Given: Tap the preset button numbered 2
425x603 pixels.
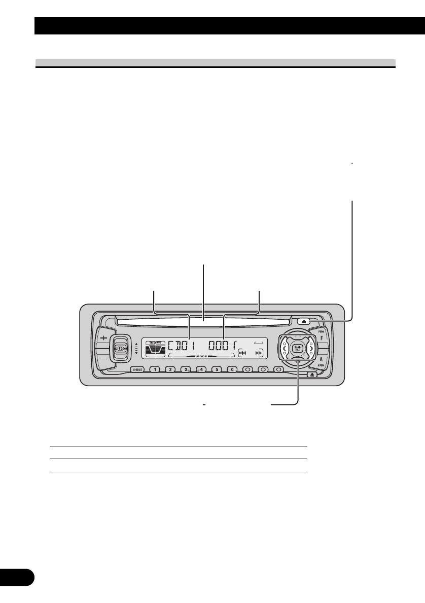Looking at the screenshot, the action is pos(171,370).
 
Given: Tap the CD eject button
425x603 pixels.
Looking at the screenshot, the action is pos(303,321).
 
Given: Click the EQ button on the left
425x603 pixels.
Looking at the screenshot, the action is pos(120,349).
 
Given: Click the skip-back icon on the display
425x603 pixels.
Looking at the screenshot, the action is pos(242,353).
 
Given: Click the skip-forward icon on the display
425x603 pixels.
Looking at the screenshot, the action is pos(259,353).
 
